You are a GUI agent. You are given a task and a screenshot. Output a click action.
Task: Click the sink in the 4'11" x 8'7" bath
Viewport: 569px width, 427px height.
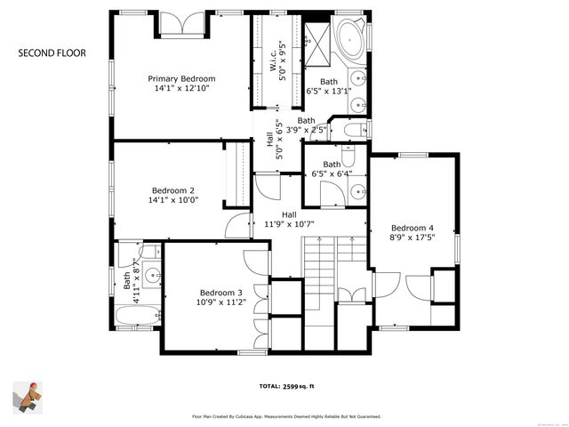coord(150,274)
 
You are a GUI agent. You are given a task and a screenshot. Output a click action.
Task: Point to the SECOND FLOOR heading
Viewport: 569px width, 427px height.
coord(52,53)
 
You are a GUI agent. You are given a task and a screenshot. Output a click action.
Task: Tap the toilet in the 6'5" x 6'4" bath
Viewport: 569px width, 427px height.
coord(349,158)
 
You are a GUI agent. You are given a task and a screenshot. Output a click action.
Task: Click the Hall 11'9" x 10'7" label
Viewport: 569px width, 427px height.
coord(290,220)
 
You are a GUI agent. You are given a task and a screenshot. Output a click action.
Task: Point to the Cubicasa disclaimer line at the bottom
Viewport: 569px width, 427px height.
coord(286,415)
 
